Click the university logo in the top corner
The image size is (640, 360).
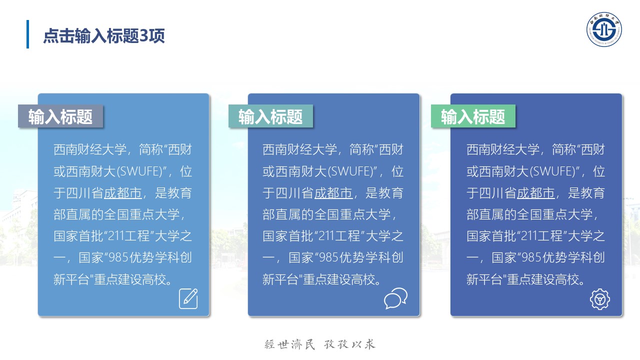604,29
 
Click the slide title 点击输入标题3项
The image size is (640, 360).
104,36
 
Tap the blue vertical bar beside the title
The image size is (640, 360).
27,34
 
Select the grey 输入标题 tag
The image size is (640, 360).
60,116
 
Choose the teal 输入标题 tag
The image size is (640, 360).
271,116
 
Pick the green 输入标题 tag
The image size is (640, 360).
473,116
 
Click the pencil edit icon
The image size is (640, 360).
188,298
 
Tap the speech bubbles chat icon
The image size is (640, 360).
395,298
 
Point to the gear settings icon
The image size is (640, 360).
600,299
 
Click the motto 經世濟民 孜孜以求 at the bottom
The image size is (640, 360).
319,344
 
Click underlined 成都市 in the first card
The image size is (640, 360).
123,193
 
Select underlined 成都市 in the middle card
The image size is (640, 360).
333,193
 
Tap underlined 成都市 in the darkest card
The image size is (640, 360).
536,193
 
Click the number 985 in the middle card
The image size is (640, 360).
329,257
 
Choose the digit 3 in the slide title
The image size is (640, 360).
144,36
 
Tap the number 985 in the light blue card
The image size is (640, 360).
119,257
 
